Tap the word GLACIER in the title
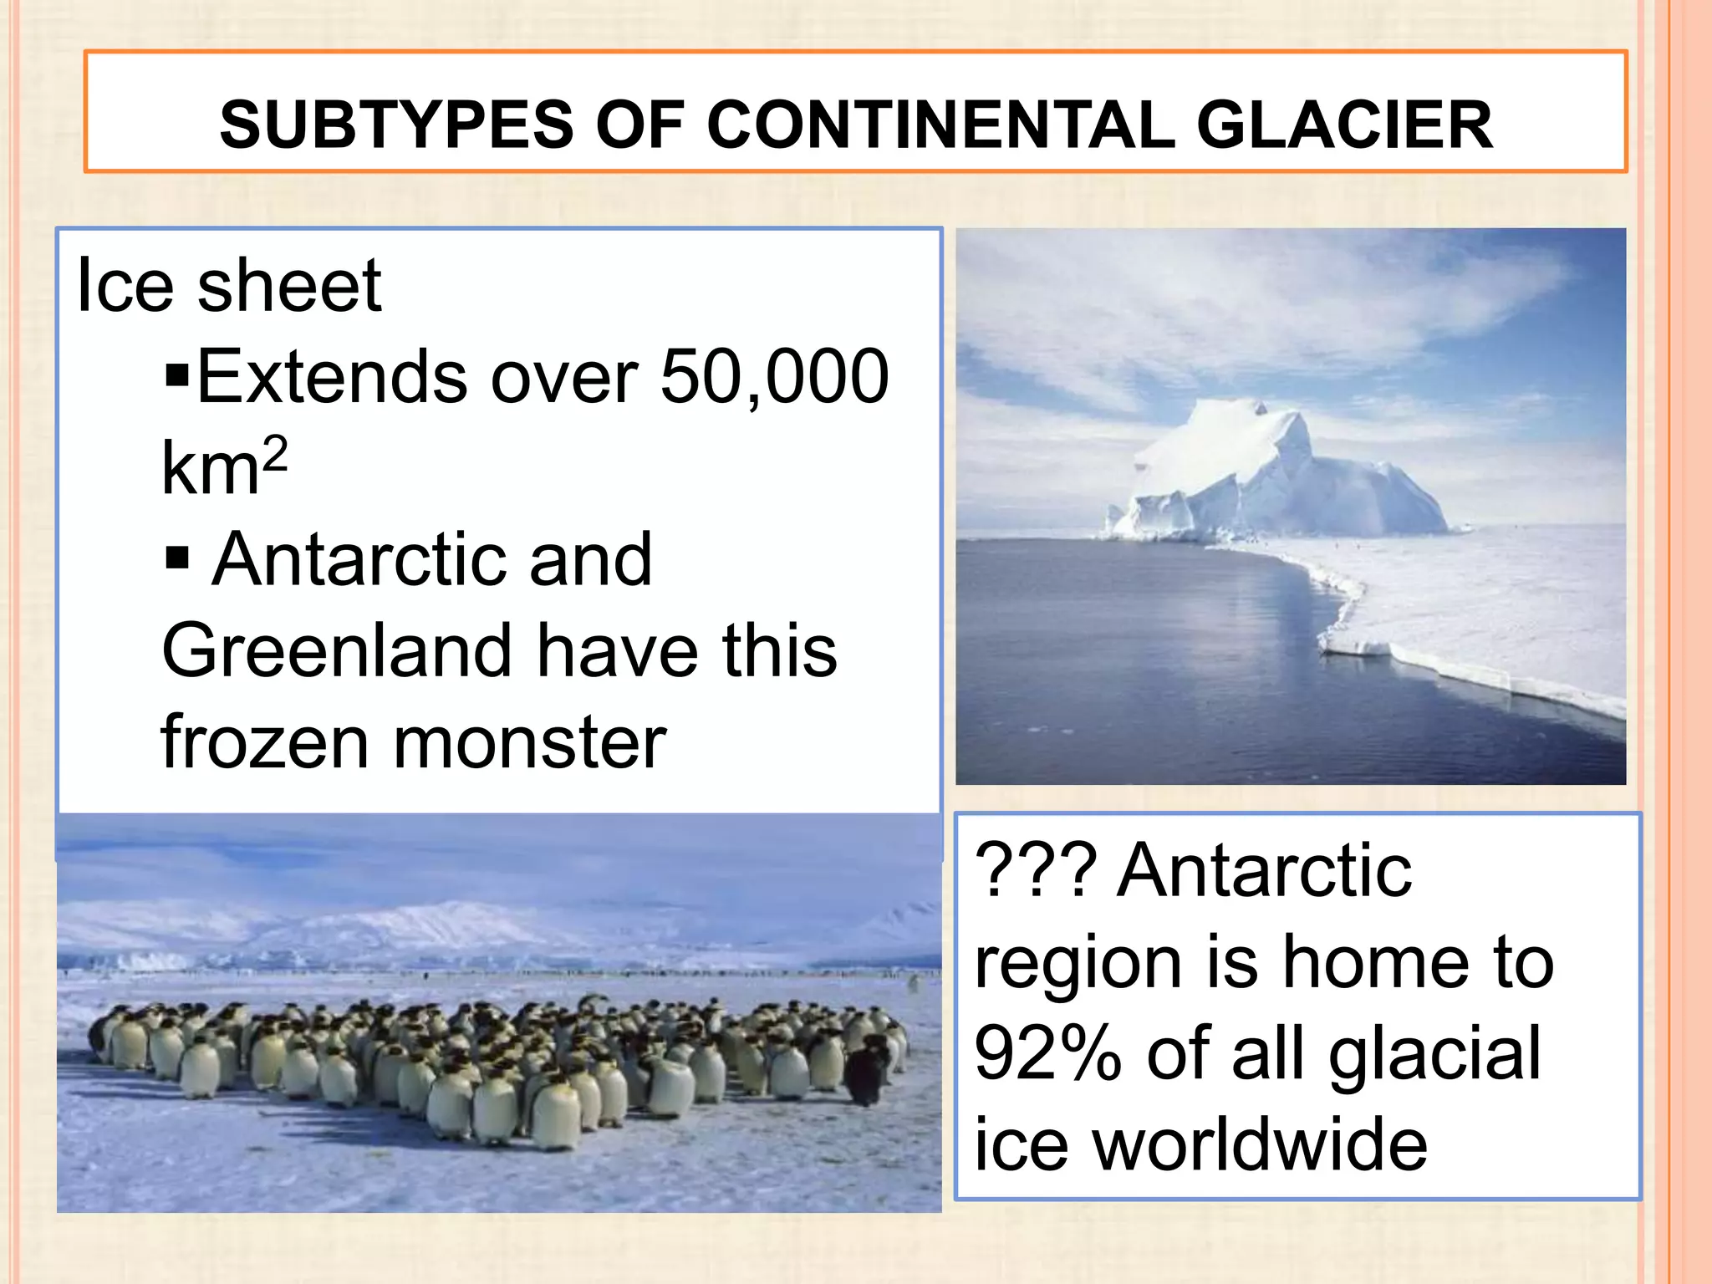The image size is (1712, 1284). pos(1344,125)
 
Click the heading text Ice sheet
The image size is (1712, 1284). pos(228,287)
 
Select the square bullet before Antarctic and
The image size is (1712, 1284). pos(177,556)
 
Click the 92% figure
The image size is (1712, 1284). pos(1048,1055)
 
